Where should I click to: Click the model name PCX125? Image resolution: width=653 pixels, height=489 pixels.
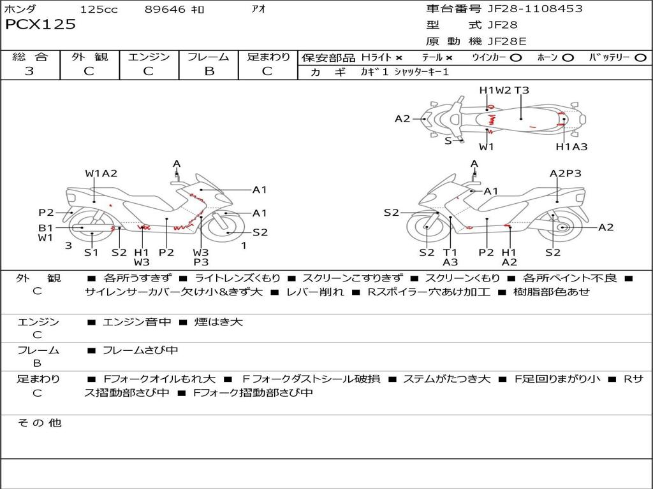coord(40,25)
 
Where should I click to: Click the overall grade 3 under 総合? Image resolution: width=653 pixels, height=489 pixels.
coord(29,71)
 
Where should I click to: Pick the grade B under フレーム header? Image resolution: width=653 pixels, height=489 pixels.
coord(209,71)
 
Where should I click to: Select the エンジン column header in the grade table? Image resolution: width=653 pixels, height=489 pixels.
coord(149,57)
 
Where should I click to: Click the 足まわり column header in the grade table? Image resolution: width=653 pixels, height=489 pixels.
coord(268,57)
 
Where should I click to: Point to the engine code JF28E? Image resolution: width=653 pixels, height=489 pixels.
coord(507,41)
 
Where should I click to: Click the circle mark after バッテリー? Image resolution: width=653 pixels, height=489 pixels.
coord(640,57)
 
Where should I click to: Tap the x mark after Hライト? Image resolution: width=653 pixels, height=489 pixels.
coord(399,57)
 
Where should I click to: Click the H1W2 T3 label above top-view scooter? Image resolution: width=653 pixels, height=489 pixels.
coord(504,90)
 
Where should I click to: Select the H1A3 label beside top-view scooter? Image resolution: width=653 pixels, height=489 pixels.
coord(571,147)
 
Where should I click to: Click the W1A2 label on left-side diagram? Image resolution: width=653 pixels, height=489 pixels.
coord(101,173)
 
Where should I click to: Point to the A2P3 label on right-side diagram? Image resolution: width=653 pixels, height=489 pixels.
coord(565,173)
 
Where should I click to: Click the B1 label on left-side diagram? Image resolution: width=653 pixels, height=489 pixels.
coord(45,227)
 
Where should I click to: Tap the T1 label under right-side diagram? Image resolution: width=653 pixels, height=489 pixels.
coord(450,252)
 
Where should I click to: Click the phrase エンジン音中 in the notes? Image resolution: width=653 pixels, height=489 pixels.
coord(137,322)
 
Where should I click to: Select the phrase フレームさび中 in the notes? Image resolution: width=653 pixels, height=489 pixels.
coord(140,350)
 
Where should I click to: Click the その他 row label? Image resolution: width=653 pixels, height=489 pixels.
coord(40,423)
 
